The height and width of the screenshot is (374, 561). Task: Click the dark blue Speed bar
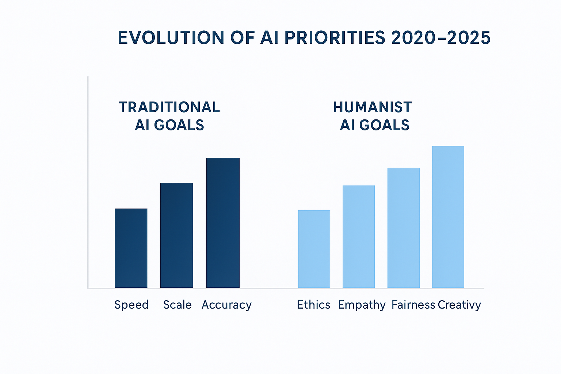point(131,248)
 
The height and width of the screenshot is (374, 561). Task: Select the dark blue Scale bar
point(177,236)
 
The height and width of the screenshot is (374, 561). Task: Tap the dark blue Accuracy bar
point(223,223)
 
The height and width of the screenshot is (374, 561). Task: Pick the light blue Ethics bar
point(314,249)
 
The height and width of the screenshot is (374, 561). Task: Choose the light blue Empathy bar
point(359,237)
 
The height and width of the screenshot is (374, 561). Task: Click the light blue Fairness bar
point(404,228)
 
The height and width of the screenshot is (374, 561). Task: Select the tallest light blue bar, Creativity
point(448,217)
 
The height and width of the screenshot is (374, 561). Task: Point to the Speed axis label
point(131,305)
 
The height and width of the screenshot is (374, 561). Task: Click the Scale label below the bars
point(177,305)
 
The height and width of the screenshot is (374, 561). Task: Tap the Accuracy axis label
point(226,305)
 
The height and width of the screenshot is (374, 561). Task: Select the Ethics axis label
point(314,305)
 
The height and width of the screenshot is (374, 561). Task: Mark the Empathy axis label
point(362,305)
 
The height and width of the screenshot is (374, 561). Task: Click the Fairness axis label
point(413,305)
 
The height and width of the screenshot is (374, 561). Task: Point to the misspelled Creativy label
point(459,305)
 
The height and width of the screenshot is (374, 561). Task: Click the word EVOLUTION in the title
point(171,38)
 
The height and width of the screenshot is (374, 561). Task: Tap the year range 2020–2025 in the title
point(440,38)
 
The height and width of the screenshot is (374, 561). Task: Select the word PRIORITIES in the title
point(335,38)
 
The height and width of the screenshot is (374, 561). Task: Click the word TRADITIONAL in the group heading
point(169,107)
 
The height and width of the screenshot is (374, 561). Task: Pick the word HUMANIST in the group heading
point(372,107)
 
